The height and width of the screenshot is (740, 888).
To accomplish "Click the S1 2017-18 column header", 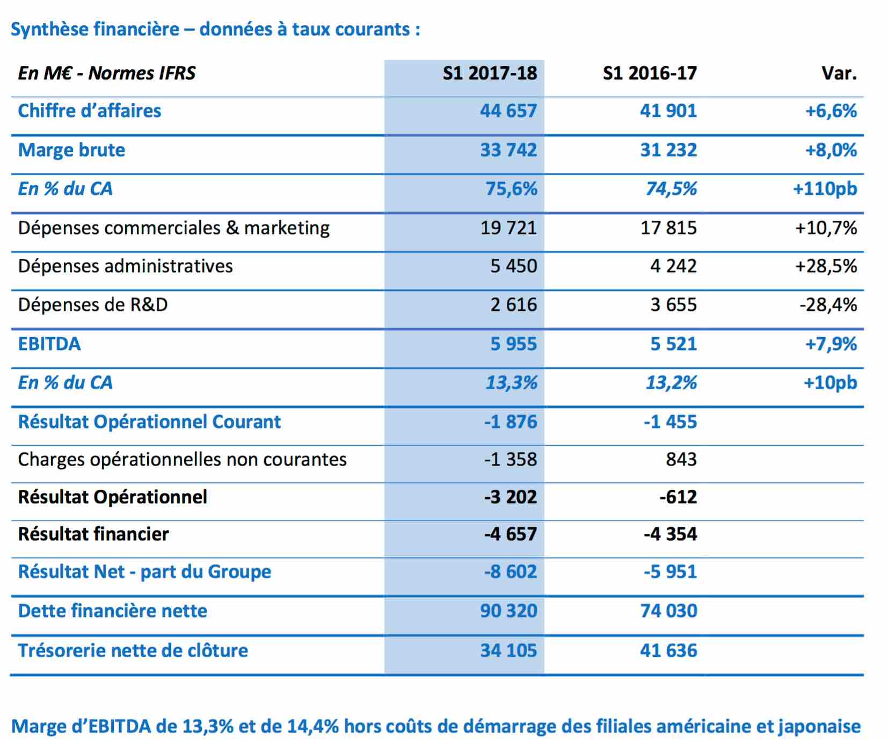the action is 490,73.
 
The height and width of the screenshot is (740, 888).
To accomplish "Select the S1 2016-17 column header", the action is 650,73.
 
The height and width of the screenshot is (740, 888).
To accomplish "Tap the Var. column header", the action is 839,73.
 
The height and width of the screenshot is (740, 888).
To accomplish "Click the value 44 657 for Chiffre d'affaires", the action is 508,111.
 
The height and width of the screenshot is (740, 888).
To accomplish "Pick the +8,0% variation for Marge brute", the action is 831,150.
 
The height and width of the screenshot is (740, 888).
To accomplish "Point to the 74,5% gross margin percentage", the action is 671,188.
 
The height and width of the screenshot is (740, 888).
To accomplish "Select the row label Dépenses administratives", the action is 126,266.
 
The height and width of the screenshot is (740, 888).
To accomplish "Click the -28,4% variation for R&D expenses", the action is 828,305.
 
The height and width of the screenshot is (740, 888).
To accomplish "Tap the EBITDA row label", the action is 49,344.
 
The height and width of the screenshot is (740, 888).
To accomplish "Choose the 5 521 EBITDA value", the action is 674,344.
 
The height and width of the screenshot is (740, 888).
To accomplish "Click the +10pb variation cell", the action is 830,383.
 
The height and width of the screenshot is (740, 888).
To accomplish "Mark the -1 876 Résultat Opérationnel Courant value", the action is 511,422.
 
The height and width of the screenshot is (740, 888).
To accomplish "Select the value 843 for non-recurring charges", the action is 681,459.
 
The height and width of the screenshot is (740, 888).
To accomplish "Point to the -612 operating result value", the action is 679,497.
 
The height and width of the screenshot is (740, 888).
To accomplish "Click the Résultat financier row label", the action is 93,534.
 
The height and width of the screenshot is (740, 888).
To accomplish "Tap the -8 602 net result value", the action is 511,571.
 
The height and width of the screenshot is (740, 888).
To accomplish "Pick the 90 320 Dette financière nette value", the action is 508,611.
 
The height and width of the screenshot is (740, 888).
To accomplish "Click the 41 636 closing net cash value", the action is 668,650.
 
